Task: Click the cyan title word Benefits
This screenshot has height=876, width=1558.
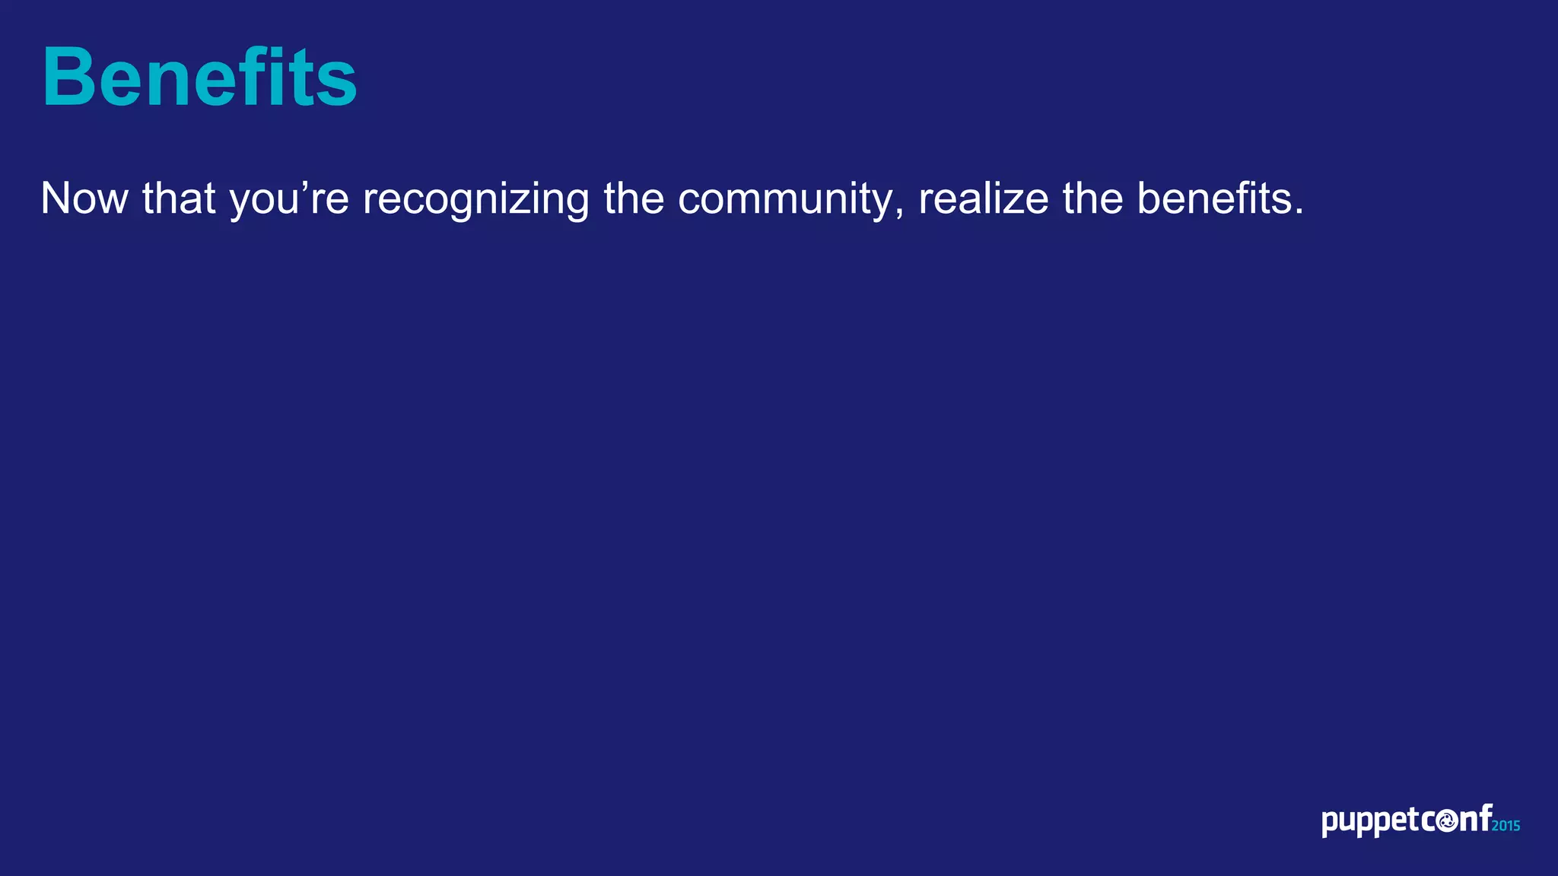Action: coord(199,78)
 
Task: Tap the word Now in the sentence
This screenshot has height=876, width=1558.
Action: coord(84,198)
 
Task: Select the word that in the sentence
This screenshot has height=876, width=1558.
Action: coord(179,198)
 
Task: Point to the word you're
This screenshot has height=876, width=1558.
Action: coord(289,200)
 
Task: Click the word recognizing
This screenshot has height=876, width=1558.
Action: coord(475,200)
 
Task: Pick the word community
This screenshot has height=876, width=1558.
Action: coord(787,200)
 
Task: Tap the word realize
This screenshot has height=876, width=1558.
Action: coord(984,198)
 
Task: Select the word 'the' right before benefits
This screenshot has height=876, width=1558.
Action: coord(1092,198)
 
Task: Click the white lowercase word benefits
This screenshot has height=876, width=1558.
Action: coord(1214,198)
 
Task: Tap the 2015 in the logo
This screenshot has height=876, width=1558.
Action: coord(1506,826)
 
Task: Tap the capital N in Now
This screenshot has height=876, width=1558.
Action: coord(58,198)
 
